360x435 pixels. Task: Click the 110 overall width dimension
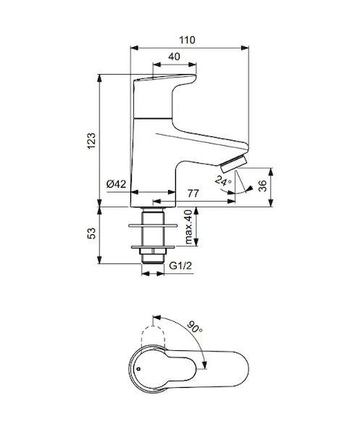tap(187, 40)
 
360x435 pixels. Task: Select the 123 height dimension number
tap(91, 141)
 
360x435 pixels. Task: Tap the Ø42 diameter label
tap(116, 183)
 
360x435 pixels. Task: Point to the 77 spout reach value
tap(193, 193)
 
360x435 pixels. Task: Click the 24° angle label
tap(223, 181)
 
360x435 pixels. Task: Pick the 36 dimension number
tap(262, 186)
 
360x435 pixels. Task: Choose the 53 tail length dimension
tap(91, 233)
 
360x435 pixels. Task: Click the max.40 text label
tap(188, 227)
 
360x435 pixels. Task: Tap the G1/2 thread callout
tap(180, 266)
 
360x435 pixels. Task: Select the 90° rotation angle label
tap(195, 327)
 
